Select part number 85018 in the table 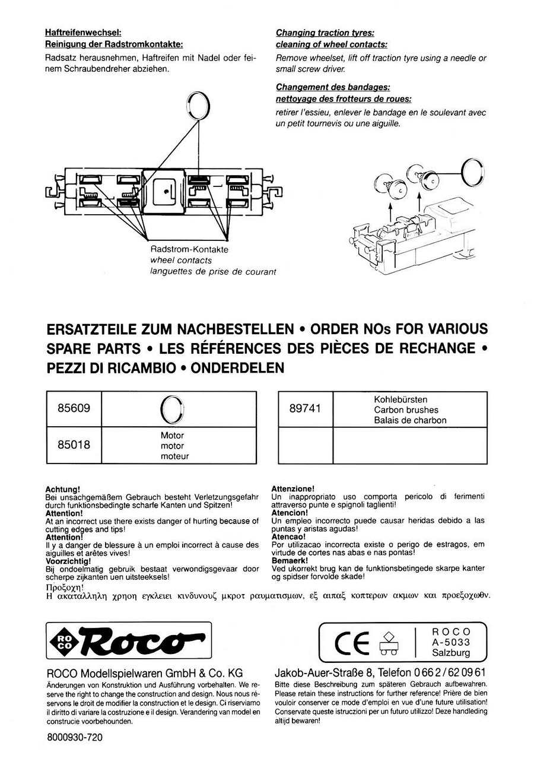[74, 444]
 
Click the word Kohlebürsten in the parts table [401, 400]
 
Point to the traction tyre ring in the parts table [172, 408]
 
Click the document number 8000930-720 [74, 738]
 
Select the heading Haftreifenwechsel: [83, 33]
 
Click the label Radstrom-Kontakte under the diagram [189, 250]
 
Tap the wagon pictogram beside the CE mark [389, 643]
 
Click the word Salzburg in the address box [451, 653]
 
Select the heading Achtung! [62, 489]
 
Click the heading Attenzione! [293, 488]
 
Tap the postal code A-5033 [451, 642]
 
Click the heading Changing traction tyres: [325, 33]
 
